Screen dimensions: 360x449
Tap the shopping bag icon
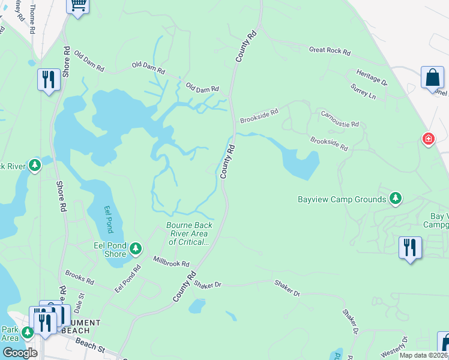pyautogui.click(x=432, y=78)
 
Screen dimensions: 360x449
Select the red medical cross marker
pyautogui.click(x=428, y=139)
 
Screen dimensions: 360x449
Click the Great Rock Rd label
pyautogui.click(x=330, y=51)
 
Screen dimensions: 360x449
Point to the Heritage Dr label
pyautogui.click(x=372, y=77)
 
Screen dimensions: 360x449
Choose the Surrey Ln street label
pyautogui.click(x=364, y=92)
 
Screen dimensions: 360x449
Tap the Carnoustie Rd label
pyautogui.click(x=340, y=119)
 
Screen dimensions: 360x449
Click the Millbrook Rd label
pyautogui.click(x=171, y=263)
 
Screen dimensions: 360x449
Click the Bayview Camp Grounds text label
pyautogui.click(x=342, y=199)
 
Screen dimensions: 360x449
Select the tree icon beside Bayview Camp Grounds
pyautogui.click(x=395, y=198)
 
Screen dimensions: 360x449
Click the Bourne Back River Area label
pyautogui.click(x=188, y=234)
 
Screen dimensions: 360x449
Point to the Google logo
pyautogui.click(x=20, y=352)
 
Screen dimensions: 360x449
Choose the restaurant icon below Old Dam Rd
pyautogui.click(x=48, y=80)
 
